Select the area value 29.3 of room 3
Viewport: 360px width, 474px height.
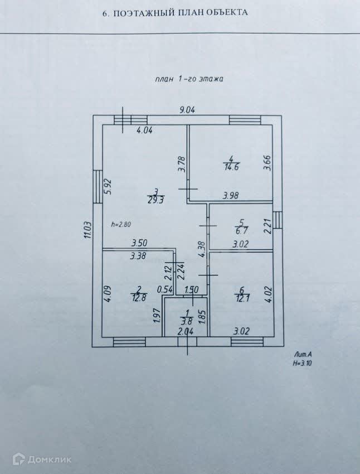coord(156,200)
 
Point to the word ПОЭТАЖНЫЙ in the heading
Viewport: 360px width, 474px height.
coord(146,12)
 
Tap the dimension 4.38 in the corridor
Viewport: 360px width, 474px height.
coord(203,249)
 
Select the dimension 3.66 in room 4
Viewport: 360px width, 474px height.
coord(267,162)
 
